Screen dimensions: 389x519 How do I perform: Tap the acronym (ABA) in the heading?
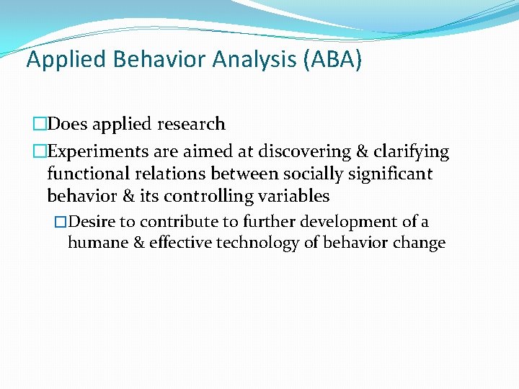[334, 59]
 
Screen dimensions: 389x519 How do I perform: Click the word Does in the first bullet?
[71, 124]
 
